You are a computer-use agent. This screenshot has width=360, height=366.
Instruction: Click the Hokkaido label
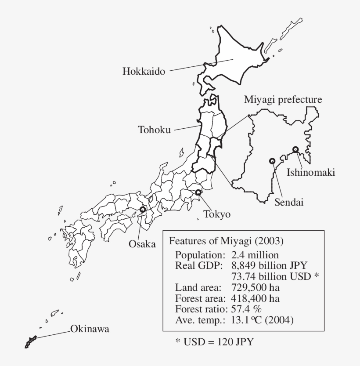pyautogui.click(x=144, y=72)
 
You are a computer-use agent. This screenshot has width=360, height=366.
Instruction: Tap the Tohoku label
pyautogui.click(x=154, y=130)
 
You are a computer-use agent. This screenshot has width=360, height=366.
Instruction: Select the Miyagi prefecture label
pyautogui.click(x=283, y=100)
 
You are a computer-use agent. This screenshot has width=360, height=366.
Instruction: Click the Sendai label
pyautogui.click(x=289, y=203)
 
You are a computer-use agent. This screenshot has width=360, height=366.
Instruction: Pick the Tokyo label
pyautogui.click(x=217, y=214)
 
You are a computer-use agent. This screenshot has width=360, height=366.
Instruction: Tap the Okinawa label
pyautogui.click(x=90, y=329)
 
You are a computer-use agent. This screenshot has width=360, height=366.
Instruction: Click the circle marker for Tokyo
pyautogui.click(x=198, y=192)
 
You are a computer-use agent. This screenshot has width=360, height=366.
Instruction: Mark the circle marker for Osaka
pyautogui.click(x=142, y=210)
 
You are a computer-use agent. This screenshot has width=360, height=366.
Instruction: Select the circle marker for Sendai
pyautogui.click(x=272, y=161)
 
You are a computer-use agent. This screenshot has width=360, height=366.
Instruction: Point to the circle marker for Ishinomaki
pyautogui.click(x=295, y=149)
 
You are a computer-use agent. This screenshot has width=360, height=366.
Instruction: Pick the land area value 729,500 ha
pyautogui.click(x=255, y=288)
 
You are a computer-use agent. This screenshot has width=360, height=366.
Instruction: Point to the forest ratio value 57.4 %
pyautogui.click(x=246, y=309)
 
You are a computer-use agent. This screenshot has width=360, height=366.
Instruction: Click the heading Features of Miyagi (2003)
pyautogui.click(x=226, y=241)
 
